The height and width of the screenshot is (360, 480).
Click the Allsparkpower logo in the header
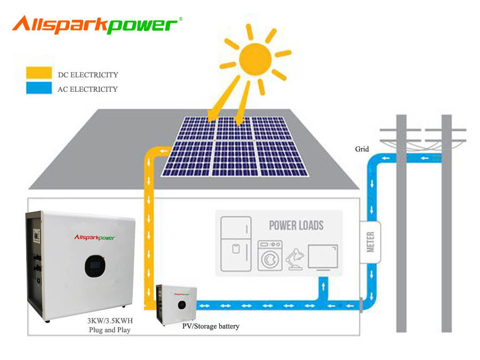click(x=96, y=25)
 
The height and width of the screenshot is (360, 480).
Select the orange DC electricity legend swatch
click(x=39, y=73)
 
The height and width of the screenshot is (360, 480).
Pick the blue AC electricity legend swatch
click(x=39, y=88)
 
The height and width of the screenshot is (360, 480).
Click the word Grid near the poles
click(x=362, y=149)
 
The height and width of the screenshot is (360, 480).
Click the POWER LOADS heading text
click(x=296, y=225)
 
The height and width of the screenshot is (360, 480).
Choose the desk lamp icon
click(x=294, y=259)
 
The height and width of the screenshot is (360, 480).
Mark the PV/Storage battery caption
click(x=211, y=326)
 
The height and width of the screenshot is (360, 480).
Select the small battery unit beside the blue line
click(x=176, y=303)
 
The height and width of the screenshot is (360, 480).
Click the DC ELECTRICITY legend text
click(x=87, y=75)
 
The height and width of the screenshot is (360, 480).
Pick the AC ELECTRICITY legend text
click(x=87, y=89)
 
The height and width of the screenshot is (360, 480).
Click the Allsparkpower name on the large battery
click(x=94, y=238)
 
